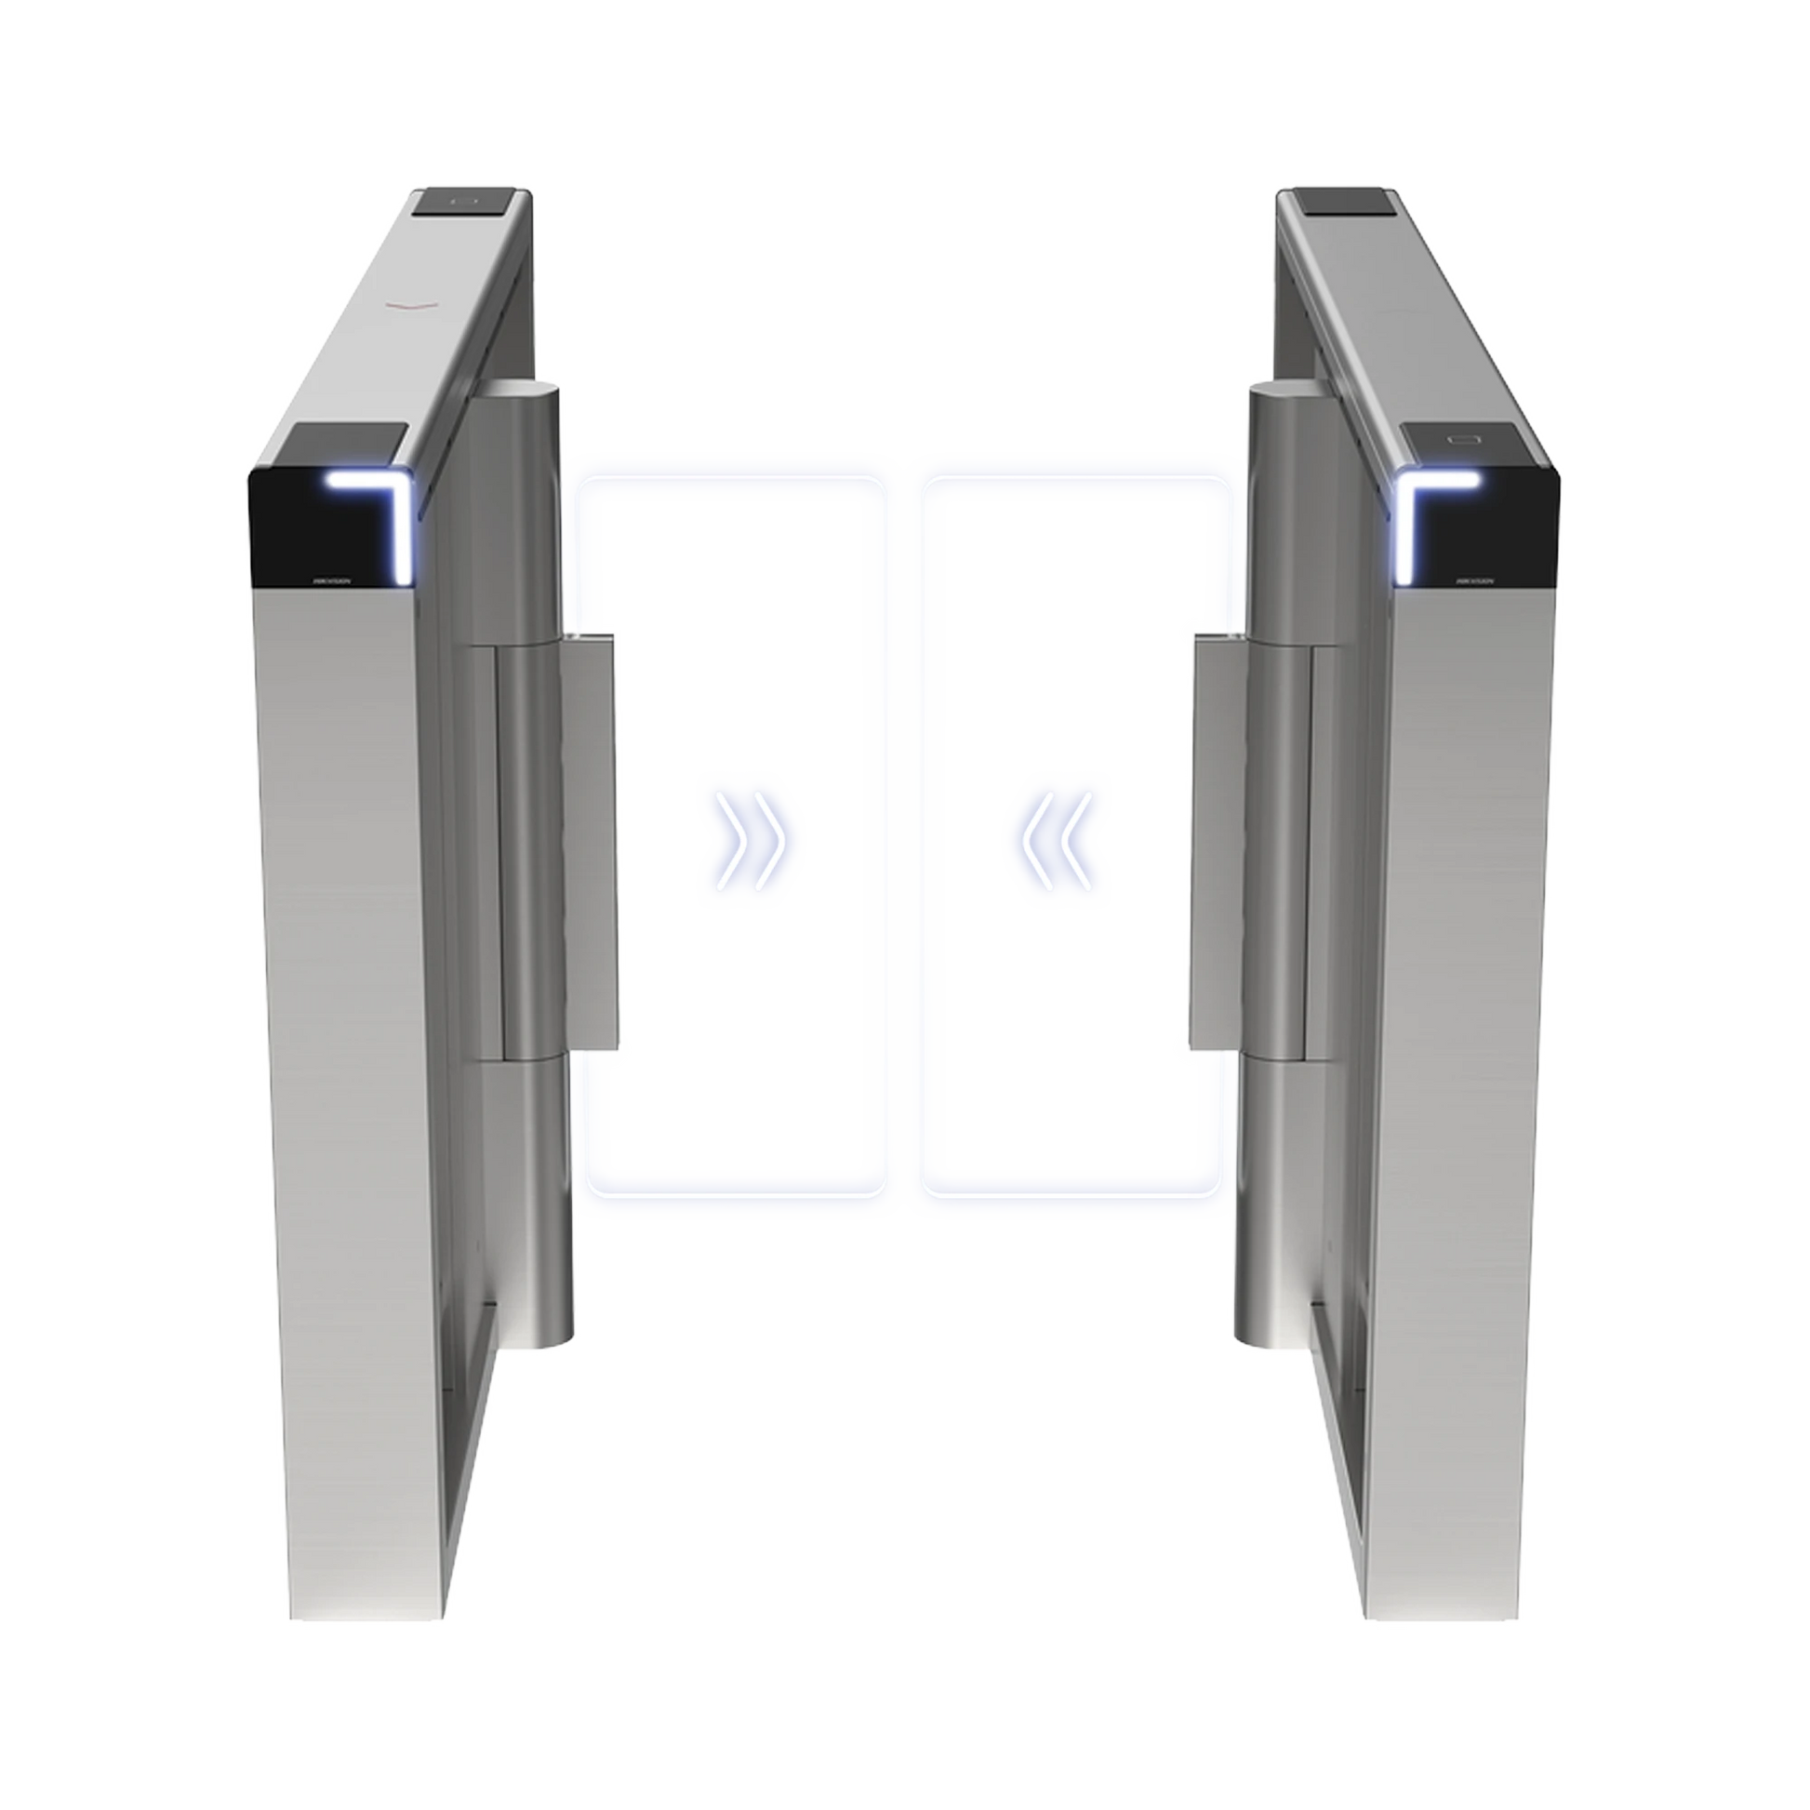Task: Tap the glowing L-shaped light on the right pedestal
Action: click(x=1426, y=511)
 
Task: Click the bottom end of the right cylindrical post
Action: click(x=1260, y=1349)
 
